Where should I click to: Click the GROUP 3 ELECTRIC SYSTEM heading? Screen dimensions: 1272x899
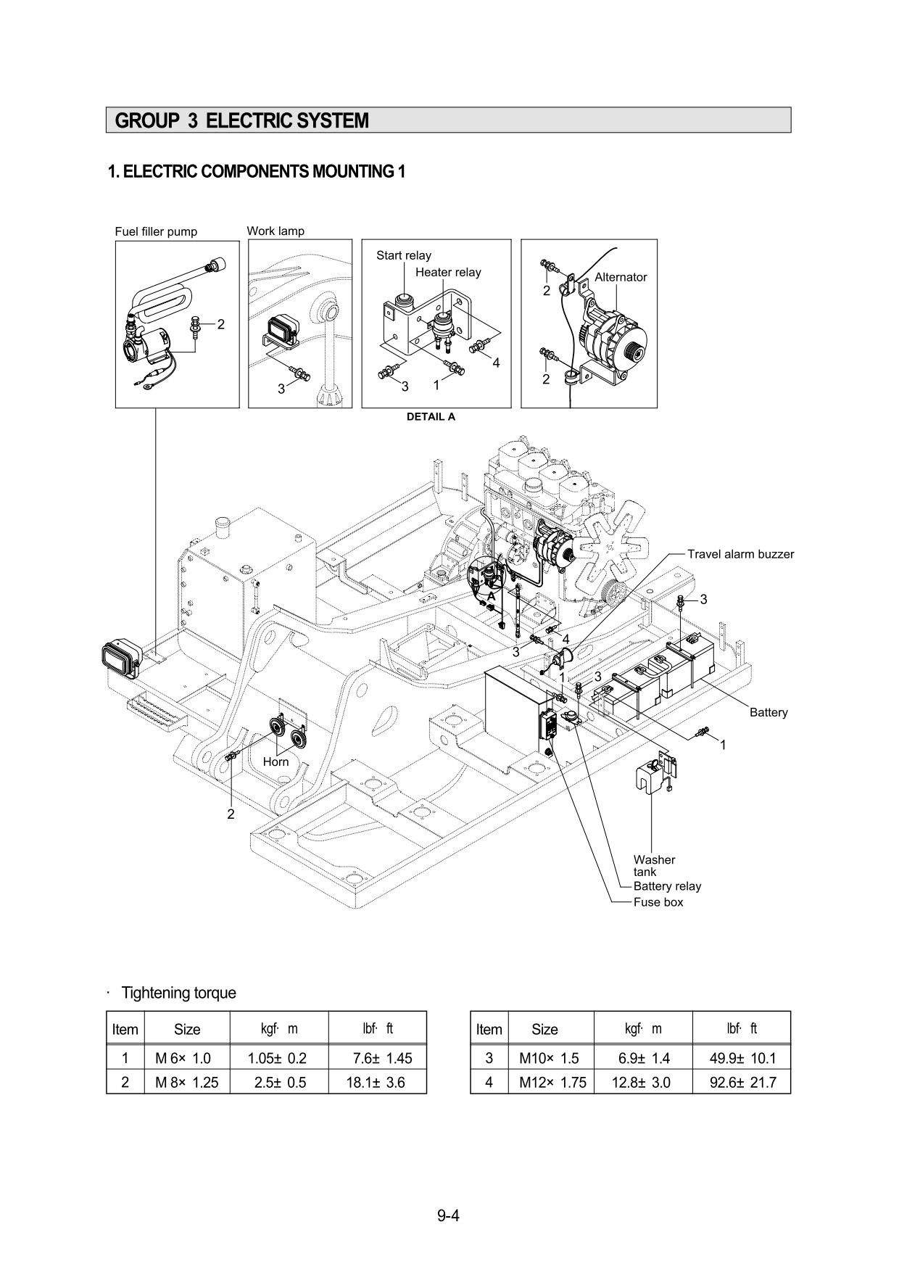tap(242, 120)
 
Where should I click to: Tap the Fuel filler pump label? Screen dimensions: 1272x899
tap(156, 231)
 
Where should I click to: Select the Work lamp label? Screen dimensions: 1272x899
tap(275, 231)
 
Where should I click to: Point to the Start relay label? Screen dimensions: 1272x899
tap(403, 255)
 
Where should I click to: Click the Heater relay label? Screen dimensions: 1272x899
tap(448, 272)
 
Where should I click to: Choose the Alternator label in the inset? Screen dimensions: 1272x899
tap(621, 277)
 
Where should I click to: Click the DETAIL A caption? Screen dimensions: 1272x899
tap(431, 416)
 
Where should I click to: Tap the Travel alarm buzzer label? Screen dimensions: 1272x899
tap(740, 554)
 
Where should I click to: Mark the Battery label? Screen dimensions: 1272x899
tap(768, 712)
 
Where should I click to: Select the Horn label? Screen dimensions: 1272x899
tap(275, 761)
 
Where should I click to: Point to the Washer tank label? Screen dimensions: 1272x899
tap(654, 865)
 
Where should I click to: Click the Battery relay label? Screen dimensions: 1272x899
tap(667, 886)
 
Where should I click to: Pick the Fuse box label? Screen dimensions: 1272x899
tap(658, 902)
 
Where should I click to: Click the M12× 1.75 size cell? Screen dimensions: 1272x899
tap(552, 1082)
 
